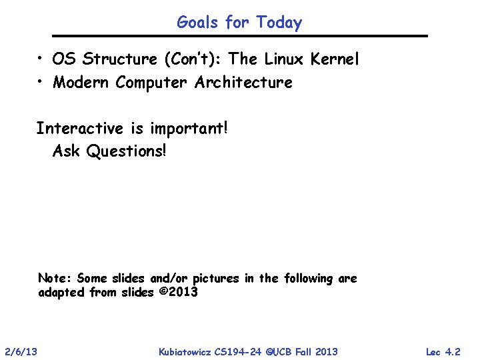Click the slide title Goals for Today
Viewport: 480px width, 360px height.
pyautogui.click(x=239, y=23)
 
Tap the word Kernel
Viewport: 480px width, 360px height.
pyautogui.click(x=336, y=59)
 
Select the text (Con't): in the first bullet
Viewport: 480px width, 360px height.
pyautogui.click(x=193, y=59)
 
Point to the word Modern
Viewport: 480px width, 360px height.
pyautogui.click(x=81, y=83)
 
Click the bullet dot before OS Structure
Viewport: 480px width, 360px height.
pyautogui.click(x=41, y=59)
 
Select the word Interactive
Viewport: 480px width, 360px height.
pyautogui.click(x=79, y=128)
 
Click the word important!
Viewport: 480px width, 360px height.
pyautogui.click(x=189, y=128)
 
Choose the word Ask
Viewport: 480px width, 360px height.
pyautogui.click(x=66, y=151)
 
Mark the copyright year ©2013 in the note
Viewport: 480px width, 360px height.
pyautogui.click(x=179, y=293)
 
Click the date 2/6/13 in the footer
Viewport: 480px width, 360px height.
pyautogui.click(x=21, y=351)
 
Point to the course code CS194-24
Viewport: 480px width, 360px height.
pyautogui.click(x=237, y=351)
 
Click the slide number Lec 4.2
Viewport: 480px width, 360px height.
pyautogui.click(x=443, y=351)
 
